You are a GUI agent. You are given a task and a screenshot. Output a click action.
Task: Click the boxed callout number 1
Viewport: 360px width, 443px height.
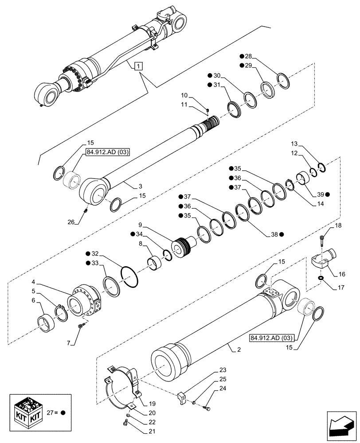pyautogui.click(x=139, y=66)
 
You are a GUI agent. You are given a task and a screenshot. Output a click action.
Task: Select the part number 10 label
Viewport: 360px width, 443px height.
pyautogui.click(x=184, y=96)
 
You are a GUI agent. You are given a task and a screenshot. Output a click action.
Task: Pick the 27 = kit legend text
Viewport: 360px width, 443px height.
pyautogui.click(x=58, y=412)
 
